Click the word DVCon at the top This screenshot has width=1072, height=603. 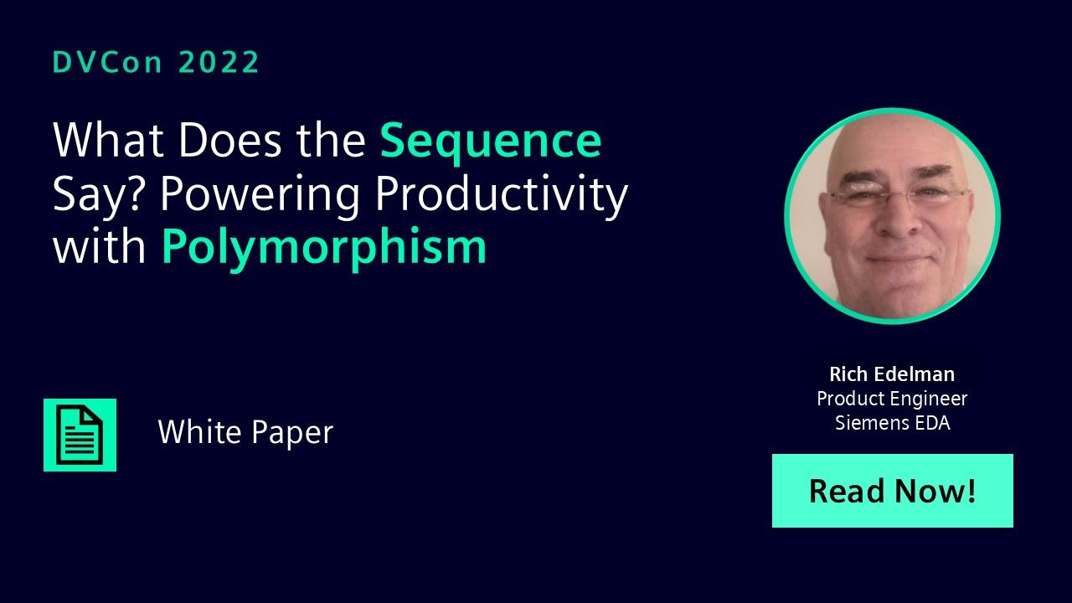pyautogui.click(x=108, y=62)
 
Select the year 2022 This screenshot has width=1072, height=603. pyautogui.click(x=219, y=62)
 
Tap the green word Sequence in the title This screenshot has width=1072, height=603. pyautogui.click(x=491, y=142)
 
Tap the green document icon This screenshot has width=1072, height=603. pyautogui.click(x=80, y=435)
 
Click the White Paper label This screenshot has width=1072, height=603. pyautogui.click(x=245, y=432)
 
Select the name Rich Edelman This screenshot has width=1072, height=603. pyautogui.click(x=892, y=374)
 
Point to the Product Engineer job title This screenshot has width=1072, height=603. pyautogui.click(x=892, y=399)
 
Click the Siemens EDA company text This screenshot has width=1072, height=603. pyautogui.click(x=893, y=423)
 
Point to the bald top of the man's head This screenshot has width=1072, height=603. pyautogui.click(x=891, y=139)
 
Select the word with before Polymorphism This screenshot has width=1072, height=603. pyautogui.click(x=99, y=246)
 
